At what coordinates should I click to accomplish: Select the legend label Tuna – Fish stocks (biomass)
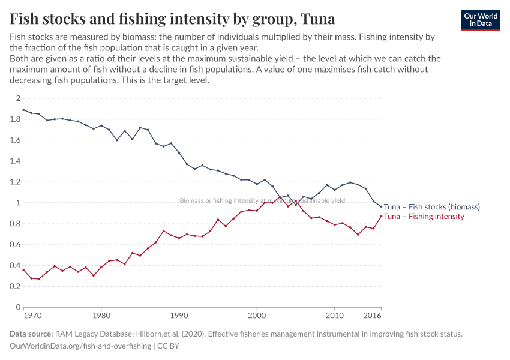point(431,207)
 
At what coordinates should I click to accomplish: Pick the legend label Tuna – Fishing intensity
point(424,217)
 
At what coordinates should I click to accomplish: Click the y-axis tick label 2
point(18,98)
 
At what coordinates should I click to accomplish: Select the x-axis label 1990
point(179,315)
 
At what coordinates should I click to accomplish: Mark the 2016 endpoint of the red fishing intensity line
point(381,216)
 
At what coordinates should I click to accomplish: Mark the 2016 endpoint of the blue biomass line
point(381,207)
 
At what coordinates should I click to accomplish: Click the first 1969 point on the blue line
point(23,110)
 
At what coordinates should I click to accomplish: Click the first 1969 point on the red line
point(23,270)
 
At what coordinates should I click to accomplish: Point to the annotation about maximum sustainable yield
point(262,201)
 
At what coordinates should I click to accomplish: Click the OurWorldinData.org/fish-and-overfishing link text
point(81,346)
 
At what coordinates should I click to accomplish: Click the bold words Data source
point(31,334)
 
